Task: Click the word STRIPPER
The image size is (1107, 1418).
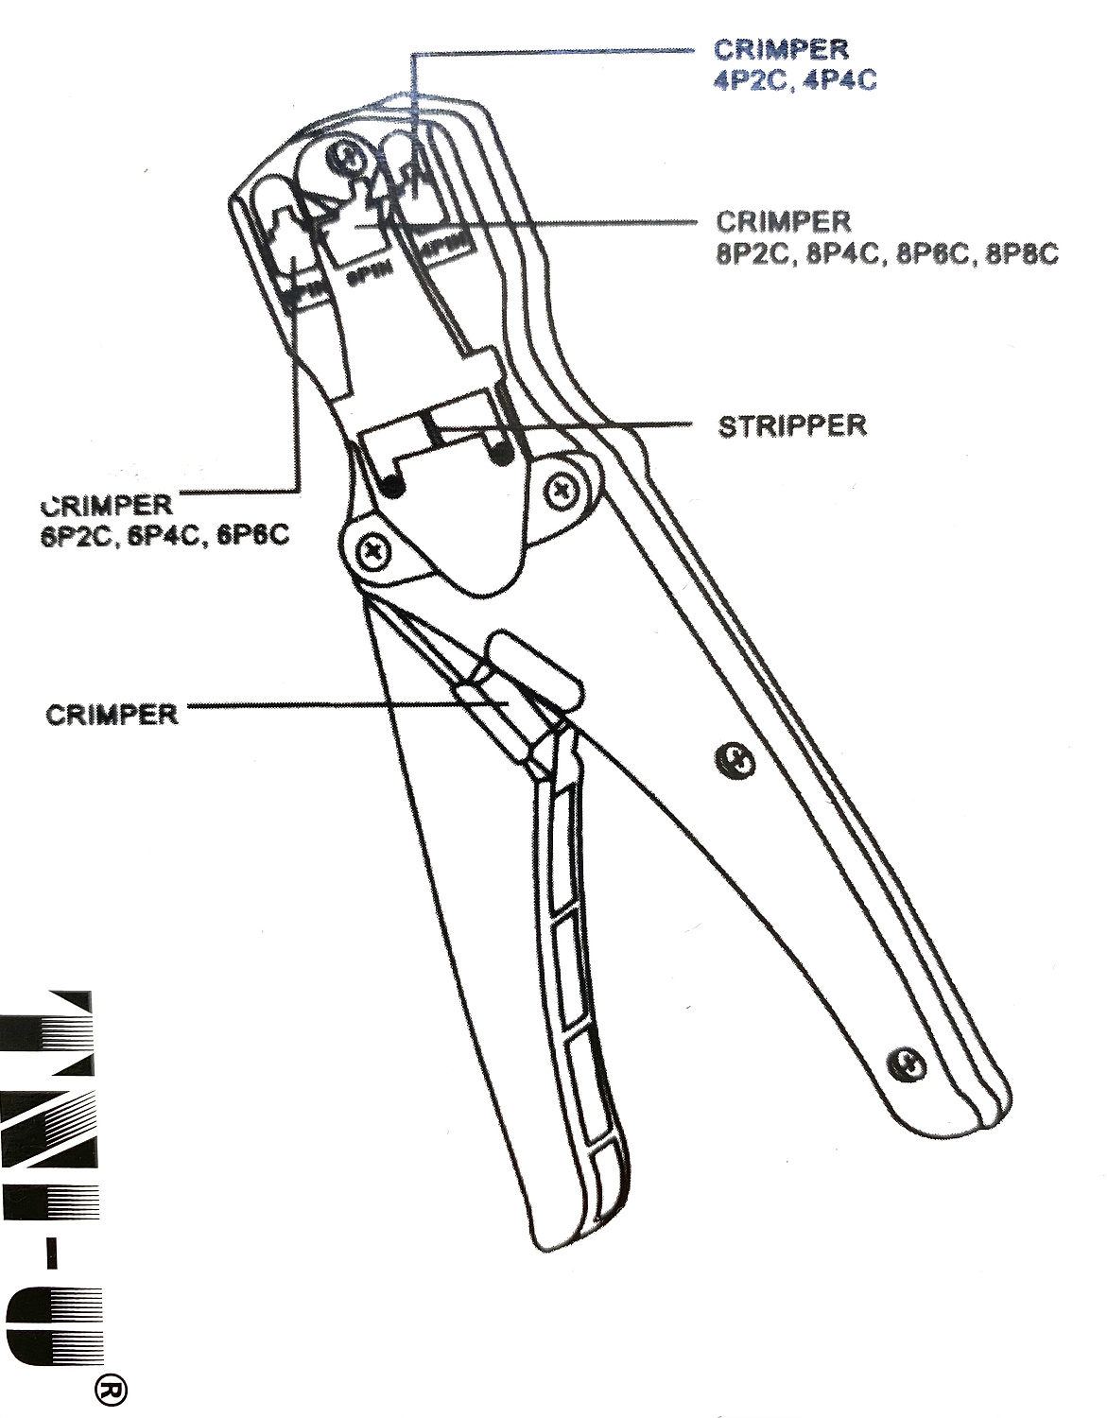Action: (792, 426)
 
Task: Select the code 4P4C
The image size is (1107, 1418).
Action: (839, 80)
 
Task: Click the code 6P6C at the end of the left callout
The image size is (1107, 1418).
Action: (252, 536)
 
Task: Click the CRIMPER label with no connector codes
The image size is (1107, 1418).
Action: (112, 714)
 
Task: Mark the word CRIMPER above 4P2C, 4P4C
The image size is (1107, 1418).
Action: (781, 49)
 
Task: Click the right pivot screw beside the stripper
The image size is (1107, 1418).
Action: (565, 489)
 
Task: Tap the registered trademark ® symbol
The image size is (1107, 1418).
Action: (112, 1390)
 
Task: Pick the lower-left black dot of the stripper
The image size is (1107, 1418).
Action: (393, 486)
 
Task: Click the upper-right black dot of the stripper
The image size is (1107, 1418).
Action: (501, 454)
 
